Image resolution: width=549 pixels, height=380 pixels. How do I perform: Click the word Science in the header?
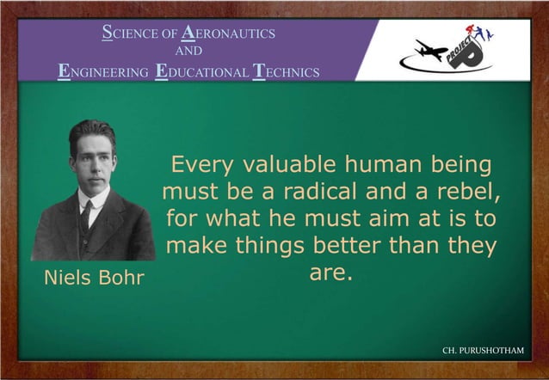click(x=126, y=34)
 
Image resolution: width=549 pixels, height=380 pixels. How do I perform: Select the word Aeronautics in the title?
click(x=228, y=34)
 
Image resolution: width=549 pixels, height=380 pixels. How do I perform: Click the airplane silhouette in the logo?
click(x=431, y=51)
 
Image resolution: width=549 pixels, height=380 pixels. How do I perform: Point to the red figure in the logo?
click(x=472, y=31)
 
